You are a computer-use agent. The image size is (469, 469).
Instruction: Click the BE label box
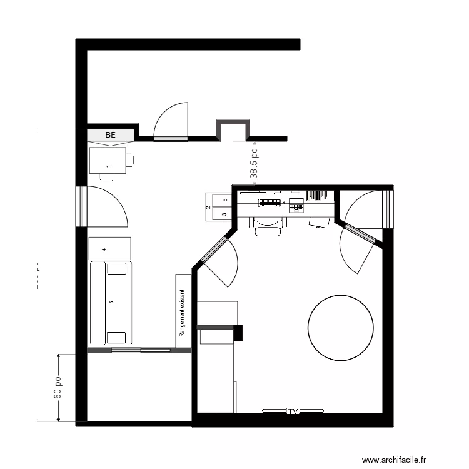(111, 134)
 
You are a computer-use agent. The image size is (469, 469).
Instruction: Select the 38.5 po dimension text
(254, 164)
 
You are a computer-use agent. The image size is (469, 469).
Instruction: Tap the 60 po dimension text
(57, 388)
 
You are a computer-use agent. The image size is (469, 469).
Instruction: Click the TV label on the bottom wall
(293, 411)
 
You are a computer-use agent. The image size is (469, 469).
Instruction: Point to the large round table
(341, 327)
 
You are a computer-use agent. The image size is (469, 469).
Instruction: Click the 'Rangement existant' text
(183, 313)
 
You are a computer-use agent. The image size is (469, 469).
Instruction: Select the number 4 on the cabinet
(104, 248)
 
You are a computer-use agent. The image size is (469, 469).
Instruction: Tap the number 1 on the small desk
(108, 166)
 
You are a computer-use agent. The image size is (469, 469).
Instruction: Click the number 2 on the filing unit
(208, 206)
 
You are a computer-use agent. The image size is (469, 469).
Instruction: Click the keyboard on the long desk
(268, 203)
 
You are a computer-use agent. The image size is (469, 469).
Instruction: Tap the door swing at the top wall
(170, 121)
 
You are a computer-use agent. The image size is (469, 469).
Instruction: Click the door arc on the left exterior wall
(106, 206)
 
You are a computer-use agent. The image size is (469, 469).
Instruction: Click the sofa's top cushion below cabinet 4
(116, 268)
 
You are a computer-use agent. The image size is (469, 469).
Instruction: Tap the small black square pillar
(237, 333)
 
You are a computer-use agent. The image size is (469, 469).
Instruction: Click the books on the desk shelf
(318, 194)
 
